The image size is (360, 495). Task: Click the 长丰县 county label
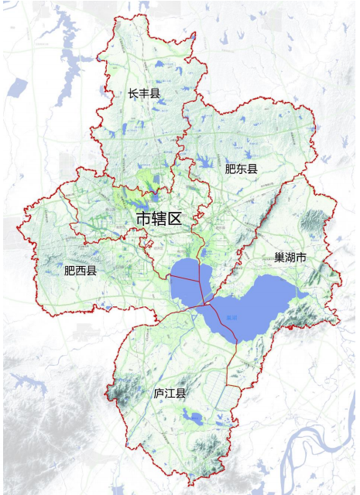[x=144, y=94]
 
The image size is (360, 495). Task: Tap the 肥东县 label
[x=241, y=168]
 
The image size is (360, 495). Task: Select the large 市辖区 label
[x=158, y=219]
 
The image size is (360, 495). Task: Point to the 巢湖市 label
[x=290, y=257]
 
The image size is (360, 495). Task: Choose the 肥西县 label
[x=81, y=271]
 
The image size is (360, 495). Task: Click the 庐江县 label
[x=170, y=394]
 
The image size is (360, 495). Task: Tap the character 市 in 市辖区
[x=143, y=219]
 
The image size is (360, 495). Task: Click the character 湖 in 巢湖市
[x=290, y=257]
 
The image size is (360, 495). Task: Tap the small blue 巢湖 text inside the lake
[x=231, y=317]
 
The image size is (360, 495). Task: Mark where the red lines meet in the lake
[x=206, y=304]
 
